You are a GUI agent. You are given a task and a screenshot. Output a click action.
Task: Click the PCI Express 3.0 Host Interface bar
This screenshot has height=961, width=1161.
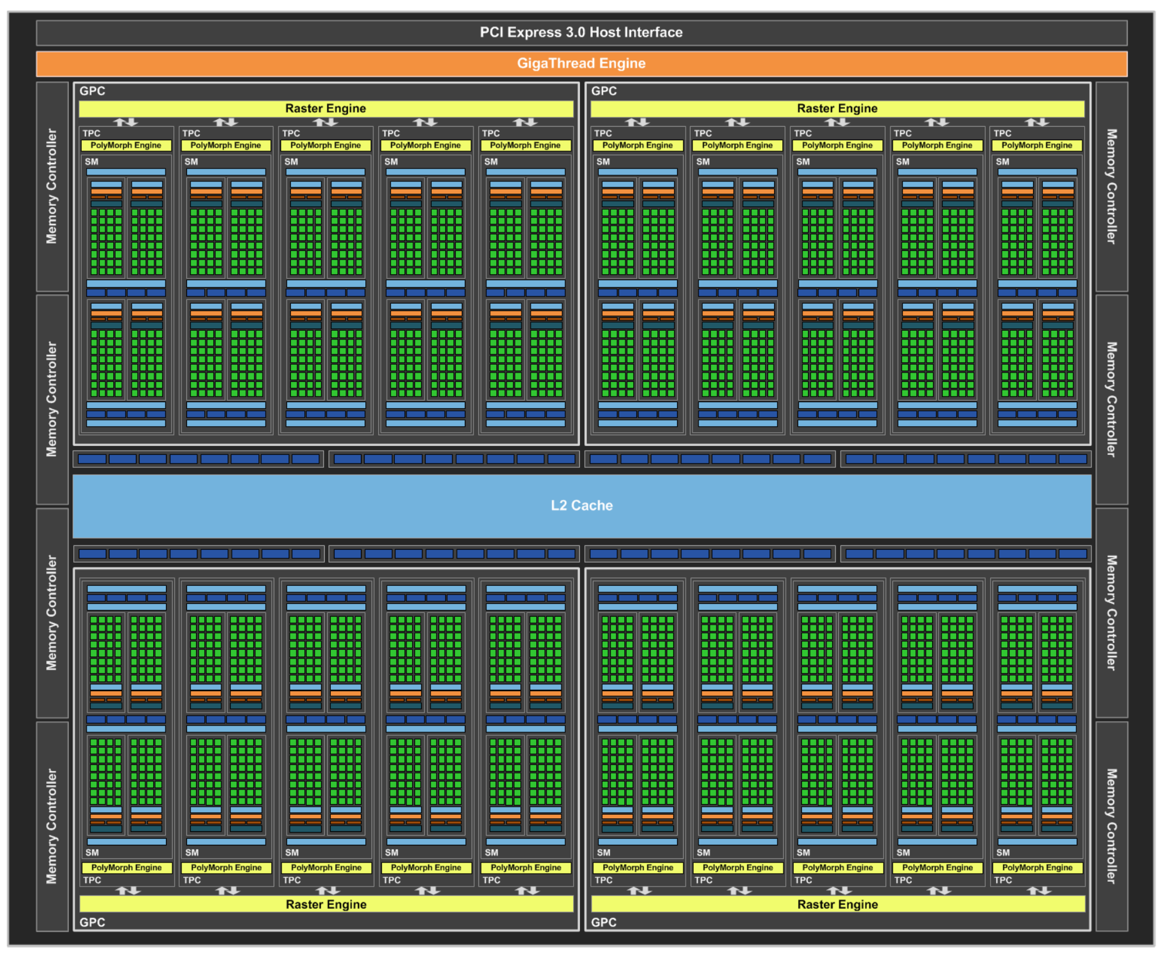click(581, 33)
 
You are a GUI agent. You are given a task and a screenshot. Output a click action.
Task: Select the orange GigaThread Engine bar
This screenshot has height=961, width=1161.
click(581, 63)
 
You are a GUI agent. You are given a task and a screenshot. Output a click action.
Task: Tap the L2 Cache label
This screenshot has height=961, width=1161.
click(581, 505)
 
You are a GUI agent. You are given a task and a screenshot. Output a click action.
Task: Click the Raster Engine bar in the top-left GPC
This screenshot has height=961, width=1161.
click(326, 109)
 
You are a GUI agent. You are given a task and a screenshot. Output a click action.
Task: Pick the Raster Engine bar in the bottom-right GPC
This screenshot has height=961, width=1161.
click(838, 904)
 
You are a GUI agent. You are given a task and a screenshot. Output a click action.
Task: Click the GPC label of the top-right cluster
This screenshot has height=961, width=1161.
click(604, 91)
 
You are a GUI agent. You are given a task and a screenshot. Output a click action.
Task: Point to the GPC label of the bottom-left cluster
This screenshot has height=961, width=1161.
click(92, 922)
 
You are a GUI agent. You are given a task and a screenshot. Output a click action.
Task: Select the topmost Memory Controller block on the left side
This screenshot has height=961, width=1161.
click(52, 186)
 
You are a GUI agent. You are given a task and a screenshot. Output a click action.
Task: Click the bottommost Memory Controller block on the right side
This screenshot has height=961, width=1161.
click(1111, 826)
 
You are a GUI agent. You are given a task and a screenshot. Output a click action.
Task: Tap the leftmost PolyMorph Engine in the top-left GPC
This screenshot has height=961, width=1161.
click(126, 146)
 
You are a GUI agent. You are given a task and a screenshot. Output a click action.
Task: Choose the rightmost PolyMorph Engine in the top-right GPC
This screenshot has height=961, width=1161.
click(1037, 146)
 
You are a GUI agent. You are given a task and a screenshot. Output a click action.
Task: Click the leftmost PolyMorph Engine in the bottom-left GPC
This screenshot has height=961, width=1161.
click(127, 868)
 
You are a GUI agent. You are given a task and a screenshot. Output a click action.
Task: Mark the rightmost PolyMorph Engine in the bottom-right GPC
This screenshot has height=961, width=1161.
click(1037, 868)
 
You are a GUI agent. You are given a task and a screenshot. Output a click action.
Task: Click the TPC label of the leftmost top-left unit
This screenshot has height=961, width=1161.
click(92, 133)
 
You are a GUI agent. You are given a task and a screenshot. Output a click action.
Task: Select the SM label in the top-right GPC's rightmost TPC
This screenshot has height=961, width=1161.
click(1002, 162)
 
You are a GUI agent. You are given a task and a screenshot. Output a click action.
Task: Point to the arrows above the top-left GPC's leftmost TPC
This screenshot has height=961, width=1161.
click(126, 122)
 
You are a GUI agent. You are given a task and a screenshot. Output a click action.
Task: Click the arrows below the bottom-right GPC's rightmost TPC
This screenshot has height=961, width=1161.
click(1039, 890)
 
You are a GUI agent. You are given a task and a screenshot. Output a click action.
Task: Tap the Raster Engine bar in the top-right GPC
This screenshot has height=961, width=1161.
click(838, 109)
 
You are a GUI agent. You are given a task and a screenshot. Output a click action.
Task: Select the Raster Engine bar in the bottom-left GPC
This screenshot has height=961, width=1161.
click(326, 904)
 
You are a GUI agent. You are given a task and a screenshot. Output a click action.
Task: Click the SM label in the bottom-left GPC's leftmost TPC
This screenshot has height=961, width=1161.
click(92, 853)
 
